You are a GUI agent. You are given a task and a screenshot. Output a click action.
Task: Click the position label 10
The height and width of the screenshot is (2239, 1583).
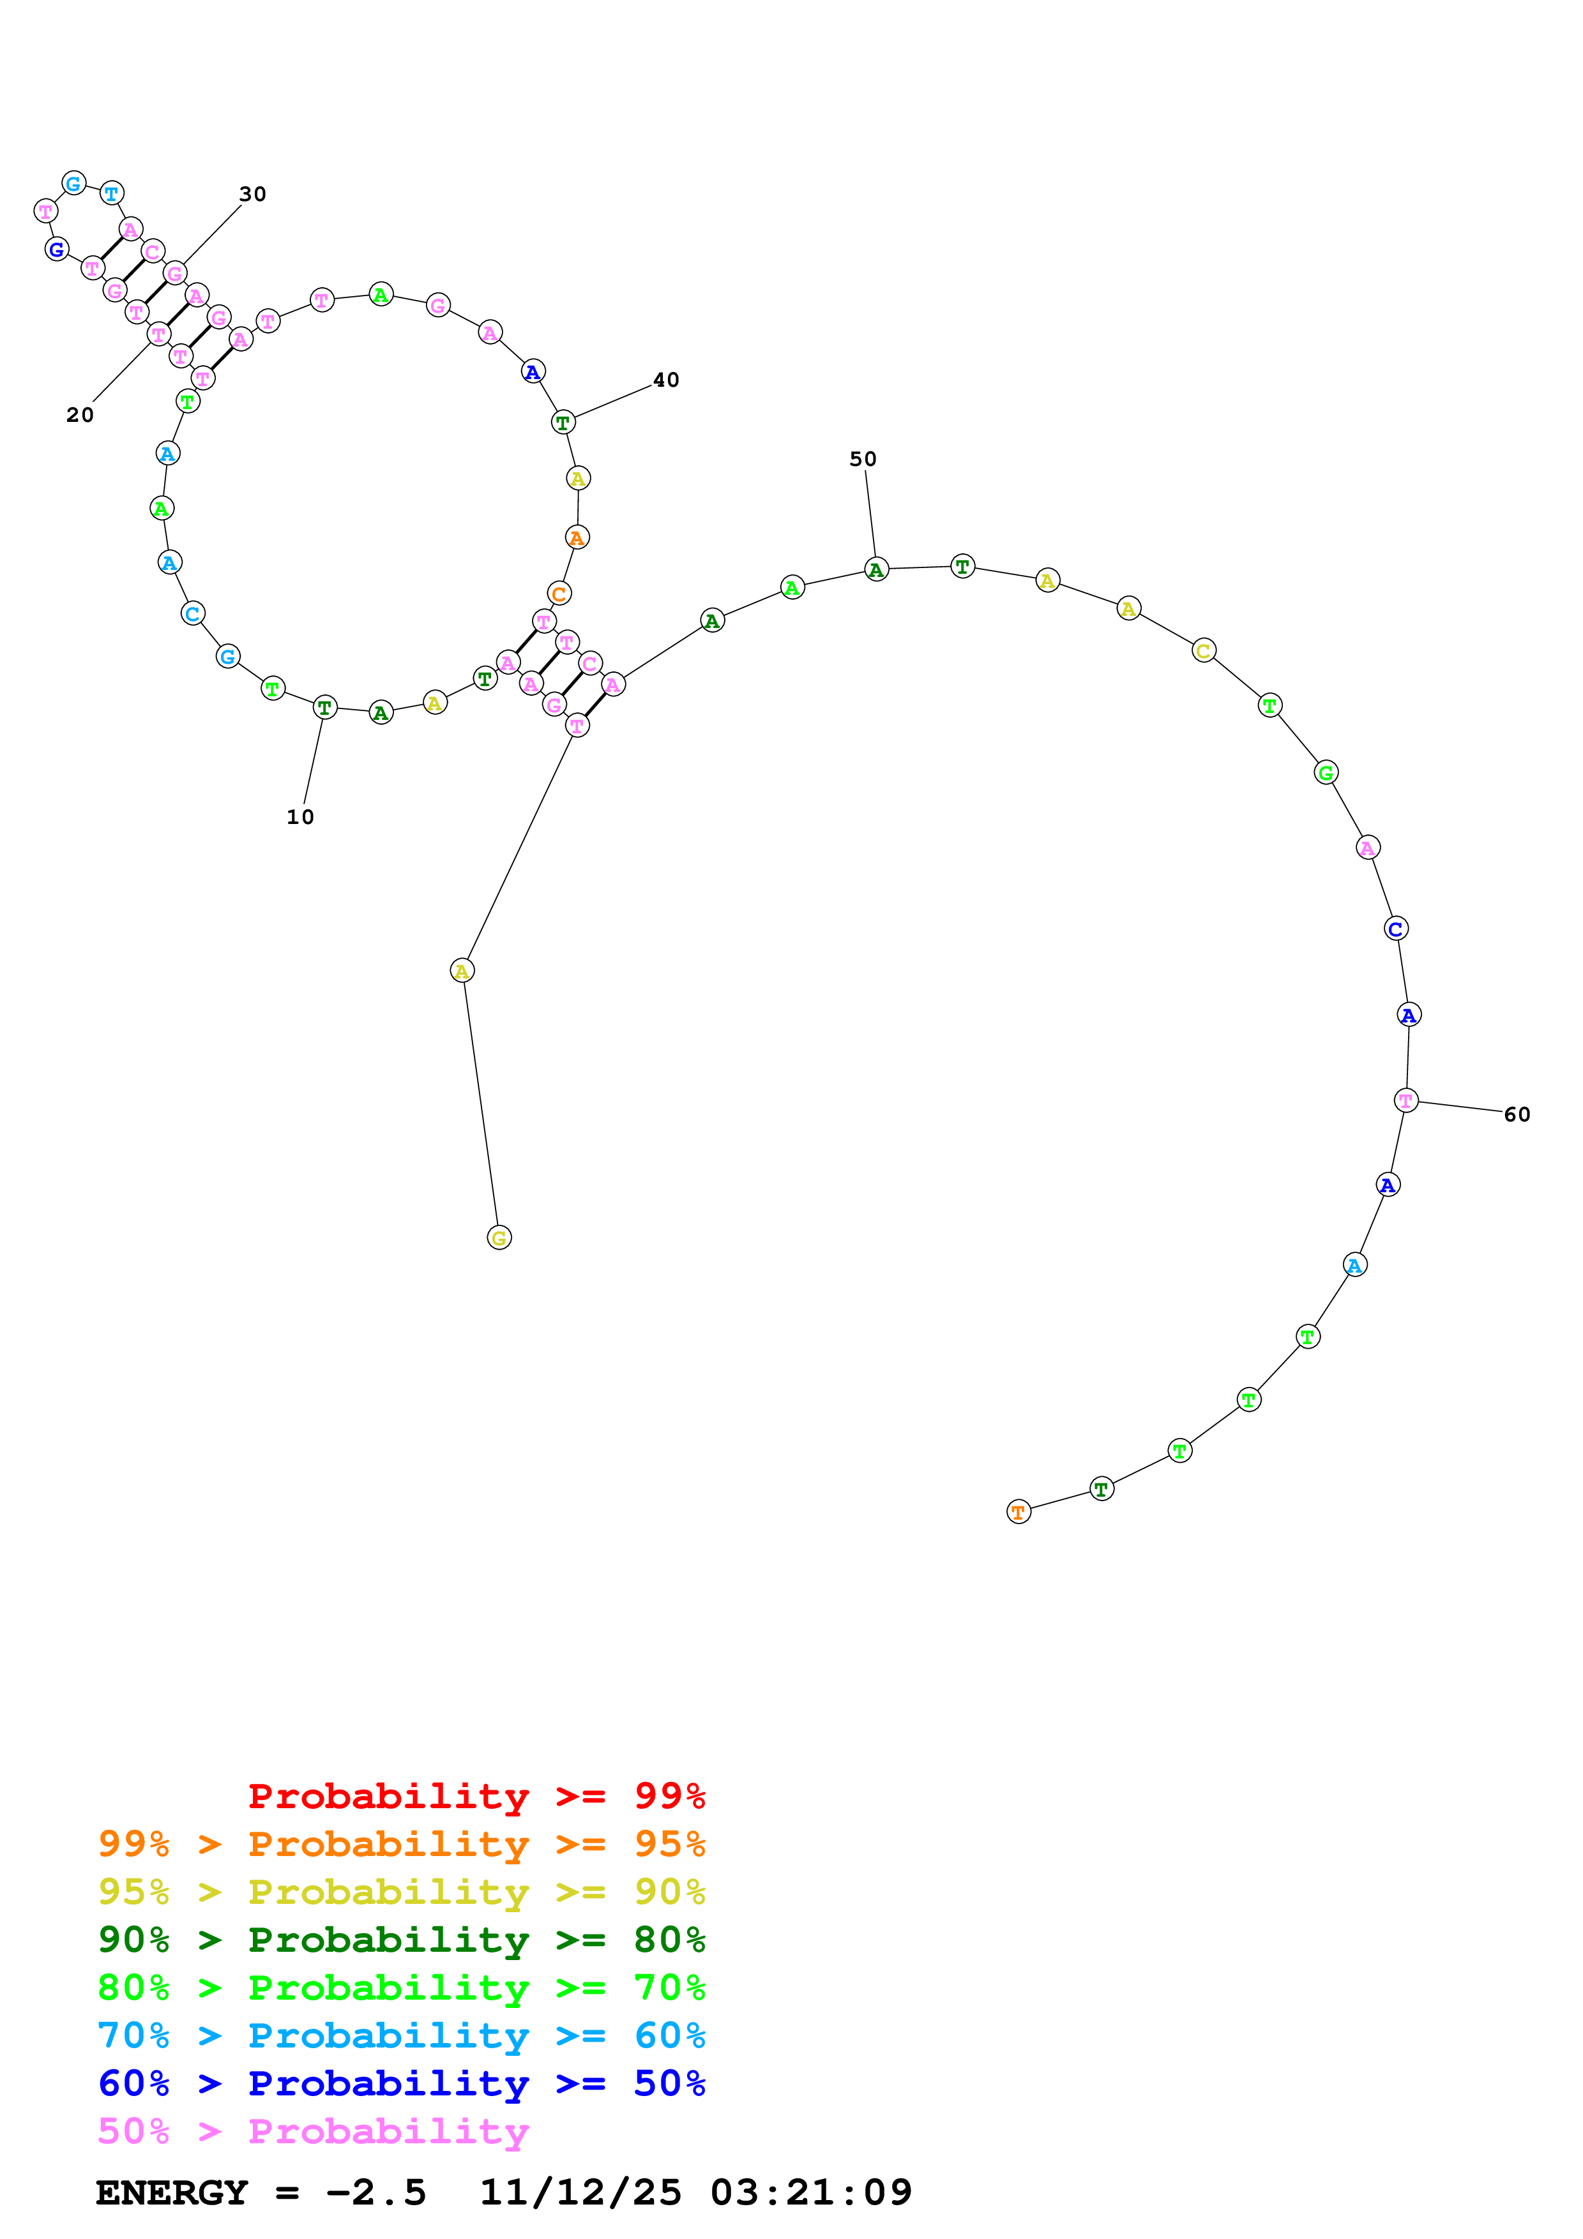tap(300, 817)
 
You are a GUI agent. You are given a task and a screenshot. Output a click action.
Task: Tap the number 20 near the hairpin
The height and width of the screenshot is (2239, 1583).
tap(80, 416)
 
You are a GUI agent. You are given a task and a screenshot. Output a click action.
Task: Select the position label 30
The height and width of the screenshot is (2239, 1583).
tap(253, 194)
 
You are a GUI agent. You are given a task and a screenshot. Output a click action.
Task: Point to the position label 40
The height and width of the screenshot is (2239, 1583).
tap(666, 380)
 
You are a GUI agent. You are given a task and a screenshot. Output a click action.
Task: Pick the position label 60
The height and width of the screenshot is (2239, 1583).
tap(1517, 1114)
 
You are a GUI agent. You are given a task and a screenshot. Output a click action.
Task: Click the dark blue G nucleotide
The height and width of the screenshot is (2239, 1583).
tap(57, 250)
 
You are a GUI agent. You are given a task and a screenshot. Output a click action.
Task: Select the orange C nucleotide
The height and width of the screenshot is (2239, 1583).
tap(559, 594)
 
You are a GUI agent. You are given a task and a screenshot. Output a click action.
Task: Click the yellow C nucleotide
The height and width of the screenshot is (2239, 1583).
tap(1204, 652)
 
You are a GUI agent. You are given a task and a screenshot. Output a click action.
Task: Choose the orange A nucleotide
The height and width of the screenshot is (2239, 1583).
tap(577, 538)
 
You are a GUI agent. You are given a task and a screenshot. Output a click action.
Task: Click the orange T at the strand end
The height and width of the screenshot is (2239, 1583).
tap(1019, 1513)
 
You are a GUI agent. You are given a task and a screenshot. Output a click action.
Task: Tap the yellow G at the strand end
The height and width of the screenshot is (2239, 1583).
tap(499, 1238)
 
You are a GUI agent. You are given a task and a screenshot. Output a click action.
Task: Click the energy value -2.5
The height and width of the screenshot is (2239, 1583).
tap(375, 2193)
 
